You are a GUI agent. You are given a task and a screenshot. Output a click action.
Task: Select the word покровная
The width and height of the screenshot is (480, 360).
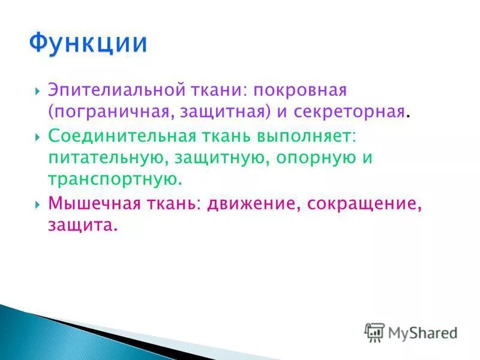[x=299, y=91]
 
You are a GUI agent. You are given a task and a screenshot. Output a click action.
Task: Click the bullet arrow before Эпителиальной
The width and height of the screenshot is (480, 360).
[x=38, y=92]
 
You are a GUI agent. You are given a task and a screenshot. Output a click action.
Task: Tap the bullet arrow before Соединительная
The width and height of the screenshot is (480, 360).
[x=38, y=136]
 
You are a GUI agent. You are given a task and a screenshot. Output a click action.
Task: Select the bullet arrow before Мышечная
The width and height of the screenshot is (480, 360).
[x=38, y=204]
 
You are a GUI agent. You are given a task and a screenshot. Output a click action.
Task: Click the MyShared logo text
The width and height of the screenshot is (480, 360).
[x=423, y=332]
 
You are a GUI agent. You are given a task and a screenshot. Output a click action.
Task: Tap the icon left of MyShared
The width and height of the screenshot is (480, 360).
[x=374, y=332]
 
